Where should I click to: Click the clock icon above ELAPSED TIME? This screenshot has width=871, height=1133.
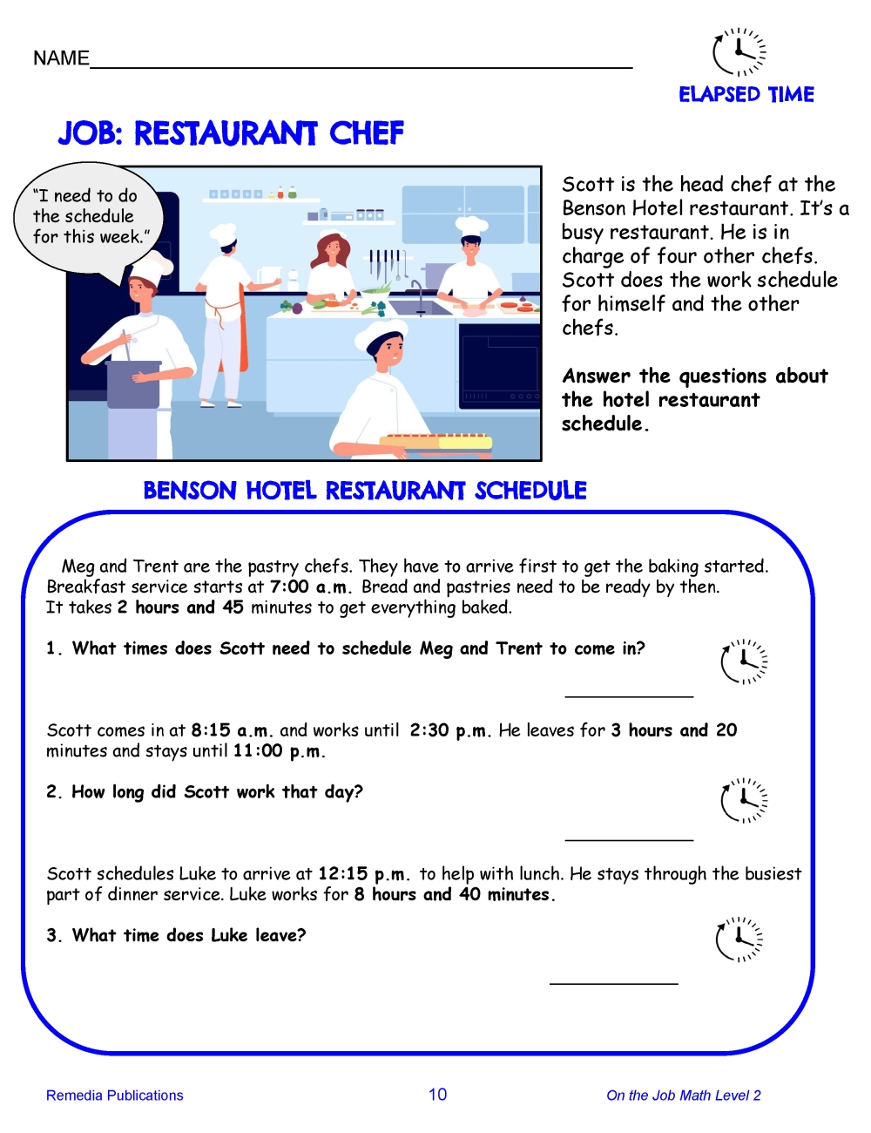coord(739,52)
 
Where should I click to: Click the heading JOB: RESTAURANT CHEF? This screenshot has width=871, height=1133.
coord(231,133)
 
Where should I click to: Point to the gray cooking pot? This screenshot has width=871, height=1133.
coord(133,383)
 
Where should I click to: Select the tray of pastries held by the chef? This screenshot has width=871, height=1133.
coord(439,441)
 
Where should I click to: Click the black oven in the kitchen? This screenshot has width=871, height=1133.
coord(499,366)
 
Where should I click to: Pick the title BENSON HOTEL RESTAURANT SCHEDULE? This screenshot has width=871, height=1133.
coord(365,491)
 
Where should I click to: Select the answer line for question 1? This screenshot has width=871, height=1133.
coord(629,695)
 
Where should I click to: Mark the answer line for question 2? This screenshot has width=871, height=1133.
coord(629,838)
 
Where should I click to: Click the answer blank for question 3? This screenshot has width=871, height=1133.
coord(613,982)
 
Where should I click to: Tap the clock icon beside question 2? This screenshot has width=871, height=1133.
coord(744,799)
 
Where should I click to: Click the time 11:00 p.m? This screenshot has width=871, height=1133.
coord(279,751)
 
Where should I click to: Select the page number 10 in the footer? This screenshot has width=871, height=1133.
coord(437,1095)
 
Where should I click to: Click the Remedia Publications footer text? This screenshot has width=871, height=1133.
coord(114,1096)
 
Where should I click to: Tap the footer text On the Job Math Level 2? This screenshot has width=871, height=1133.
coord(683,1096)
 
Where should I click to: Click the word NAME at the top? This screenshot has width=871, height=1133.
coord(61,58)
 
